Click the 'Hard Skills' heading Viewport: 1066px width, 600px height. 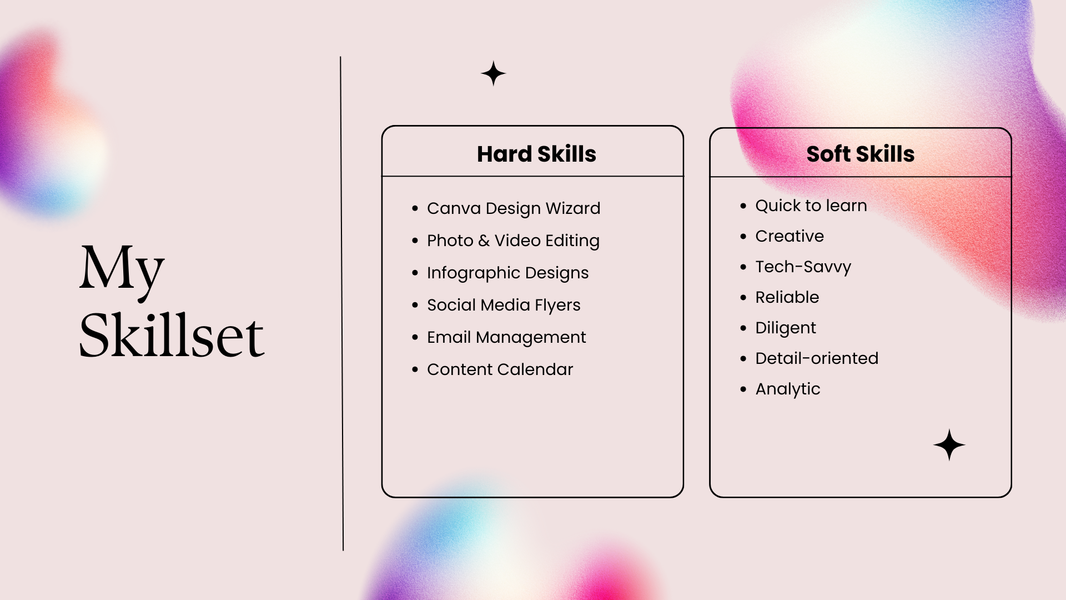point(536,154)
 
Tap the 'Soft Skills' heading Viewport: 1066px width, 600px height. point(860,154)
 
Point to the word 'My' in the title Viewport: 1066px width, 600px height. point(122,271)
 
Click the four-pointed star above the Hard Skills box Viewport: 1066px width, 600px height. point(494,73)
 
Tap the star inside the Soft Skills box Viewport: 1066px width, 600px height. point(949,445)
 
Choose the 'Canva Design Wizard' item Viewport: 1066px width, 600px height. point(514,208)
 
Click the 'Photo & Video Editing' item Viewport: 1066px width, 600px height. point(513,241)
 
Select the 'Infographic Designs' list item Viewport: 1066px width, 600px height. point(507,273)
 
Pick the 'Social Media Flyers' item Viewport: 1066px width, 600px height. point(504,305)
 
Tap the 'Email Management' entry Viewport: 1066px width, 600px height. point(506,337)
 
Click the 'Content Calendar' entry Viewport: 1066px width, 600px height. point(500,369)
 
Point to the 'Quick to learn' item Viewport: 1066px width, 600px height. point(811,206)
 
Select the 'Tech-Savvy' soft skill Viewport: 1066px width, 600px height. point(803,267)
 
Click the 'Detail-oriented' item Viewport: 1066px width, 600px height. point(817,358)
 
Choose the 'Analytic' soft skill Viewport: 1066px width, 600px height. point(788,389)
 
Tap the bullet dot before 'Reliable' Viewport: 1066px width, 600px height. point(743,298)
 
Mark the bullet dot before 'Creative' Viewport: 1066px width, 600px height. point(743,237)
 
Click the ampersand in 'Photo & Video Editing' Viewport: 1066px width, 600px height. point(484,241)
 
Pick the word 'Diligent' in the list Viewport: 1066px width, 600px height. point(786,328)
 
